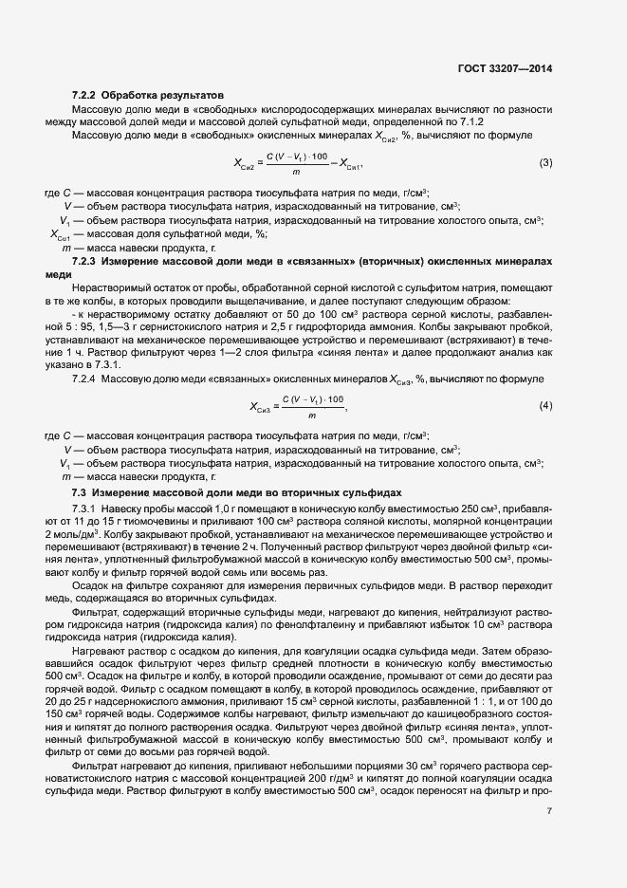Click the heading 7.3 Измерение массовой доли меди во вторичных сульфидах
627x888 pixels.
tap(237, 491)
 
